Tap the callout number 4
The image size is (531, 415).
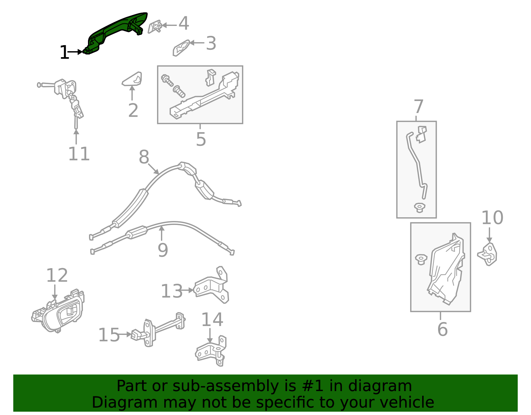184,24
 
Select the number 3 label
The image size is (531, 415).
211,44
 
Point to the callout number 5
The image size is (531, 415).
201,139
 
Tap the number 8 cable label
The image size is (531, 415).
144,157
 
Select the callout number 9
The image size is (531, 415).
163,250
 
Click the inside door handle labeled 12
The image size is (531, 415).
60,312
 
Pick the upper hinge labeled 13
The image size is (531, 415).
212,286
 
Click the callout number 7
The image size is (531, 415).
418,107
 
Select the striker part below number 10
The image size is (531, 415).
488,254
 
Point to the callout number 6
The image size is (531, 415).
442,329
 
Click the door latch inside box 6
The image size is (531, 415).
446,269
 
